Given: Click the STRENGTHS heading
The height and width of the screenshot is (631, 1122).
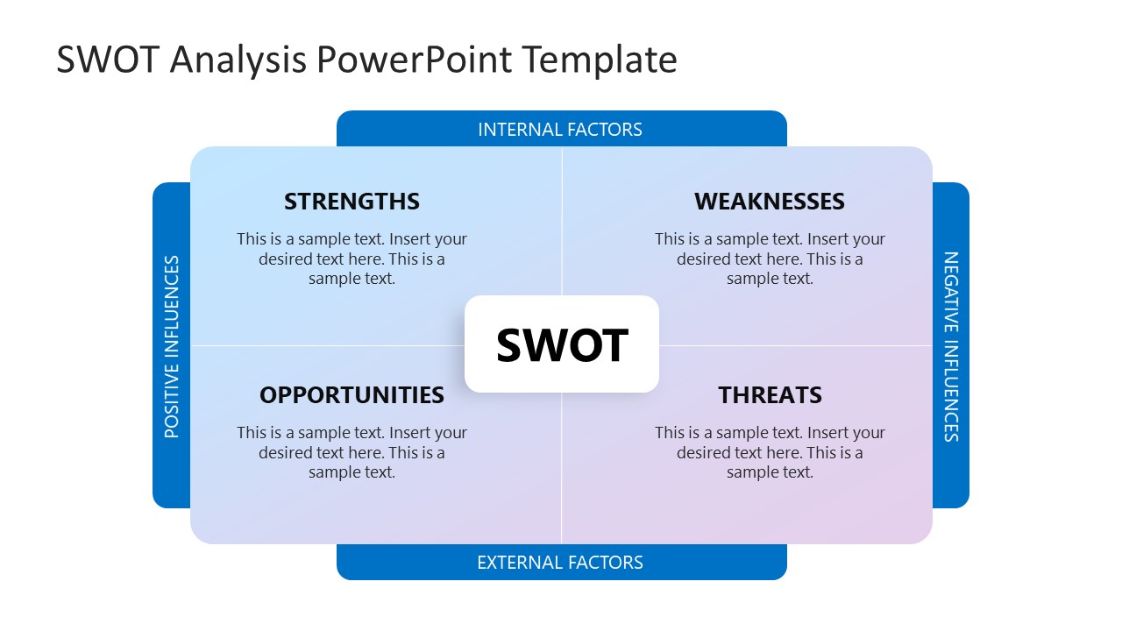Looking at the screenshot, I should pyautogui.click(x=352, y=202).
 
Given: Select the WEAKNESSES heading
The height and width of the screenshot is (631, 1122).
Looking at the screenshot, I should pyautogui.click(x=769, y=202).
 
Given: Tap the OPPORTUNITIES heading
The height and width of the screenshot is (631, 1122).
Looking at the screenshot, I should pyautogui.click(x=352, y=395).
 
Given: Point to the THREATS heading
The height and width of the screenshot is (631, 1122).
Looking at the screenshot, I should pyautogui.click(x=770, y=395).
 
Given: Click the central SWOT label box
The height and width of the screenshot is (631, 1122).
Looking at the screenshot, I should pyautogui.click(x=561, y=344).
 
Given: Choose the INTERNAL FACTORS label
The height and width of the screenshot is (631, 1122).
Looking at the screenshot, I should pyautogui.click(x=560, y=130).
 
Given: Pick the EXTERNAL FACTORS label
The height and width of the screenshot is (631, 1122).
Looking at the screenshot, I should pyautogui.click(x=560, y=563).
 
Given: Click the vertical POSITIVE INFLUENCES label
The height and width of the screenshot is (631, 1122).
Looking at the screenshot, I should pyautogui.click(x=172, y=346).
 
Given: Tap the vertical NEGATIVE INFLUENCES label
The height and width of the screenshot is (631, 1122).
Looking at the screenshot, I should pyautogui.click(x=951, y=346).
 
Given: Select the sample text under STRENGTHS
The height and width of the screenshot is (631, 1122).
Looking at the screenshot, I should pyautogui.click(x=352, y=259).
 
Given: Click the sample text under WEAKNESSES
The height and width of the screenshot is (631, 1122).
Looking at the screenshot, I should pyautogui.click(x=770, y=259).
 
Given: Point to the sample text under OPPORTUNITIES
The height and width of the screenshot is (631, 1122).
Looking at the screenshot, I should pyautogui.click(x=352, y=452).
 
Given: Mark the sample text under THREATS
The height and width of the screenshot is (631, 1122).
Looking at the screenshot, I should pyautogui.click(x=770, y=452).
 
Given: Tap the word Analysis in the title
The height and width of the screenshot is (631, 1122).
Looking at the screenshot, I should pyautogui.click(x=238, y=60).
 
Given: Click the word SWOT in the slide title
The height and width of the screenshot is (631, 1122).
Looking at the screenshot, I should pyautogui.click(x=109, y=60).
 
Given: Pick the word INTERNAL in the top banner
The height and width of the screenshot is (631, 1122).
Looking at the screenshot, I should pyautogui.click(x=518, y=130).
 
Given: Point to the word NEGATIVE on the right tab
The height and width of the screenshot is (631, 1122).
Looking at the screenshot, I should pyautogui.click(x=951, y=293).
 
